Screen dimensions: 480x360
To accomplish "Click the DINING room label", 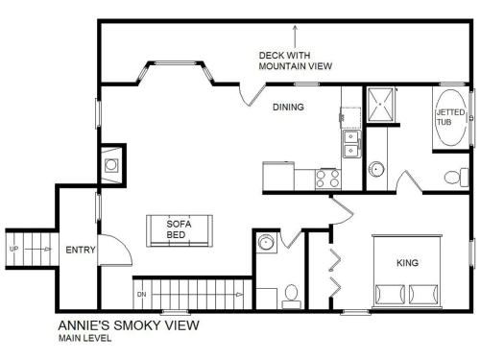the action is coord(288,107).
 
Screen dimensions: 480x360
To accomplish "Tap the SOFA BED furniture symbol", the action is coord(180,230).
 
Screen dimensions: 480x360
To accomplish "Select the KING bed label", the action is coord(407,263).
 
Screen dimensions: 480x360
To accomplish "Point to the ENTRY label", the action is coord(81,250).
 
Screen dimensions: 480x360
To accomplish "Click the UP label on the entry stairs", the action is coord(13,249).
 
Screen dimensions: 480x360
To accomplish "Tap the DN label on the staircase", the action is coord(141,294).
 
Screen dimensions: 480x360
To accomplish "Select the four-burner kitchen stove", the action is coord(327,179).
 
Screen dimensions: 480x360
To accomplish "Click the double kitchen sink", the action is coord(351,143).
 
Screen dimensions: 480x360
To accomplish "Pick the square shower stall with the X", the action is coord(380,105).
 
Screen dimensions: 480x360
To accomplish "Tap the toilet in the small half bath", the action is coord(291,296).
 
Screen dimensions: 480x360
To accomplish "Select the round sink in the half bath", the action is coord(266,243).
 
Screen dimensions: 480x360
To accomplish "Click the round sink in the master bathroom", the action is coord(376,169).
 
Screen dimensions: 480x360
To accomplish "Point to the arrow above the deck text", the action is coord(295,36).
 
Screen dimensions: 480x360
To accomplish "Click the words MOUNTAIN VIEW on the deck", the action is coord(295,66).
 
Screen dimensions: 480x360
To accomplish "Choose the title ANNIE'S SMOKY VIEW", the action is coord(129,325).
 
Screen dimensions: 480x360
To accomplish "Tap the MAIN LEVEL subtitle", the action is coord(84,338).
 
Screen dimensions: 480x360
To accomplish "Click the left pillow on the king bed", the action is coord(391,294).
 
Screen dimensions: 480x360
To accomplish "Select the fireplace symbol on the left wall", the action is coord(111,165).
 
